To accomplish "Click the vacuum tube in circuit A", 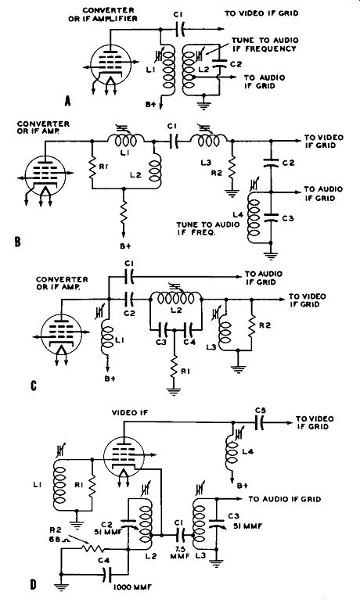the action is tap(111, 65).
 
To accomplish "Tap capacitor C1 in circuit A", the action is tap(179, 28).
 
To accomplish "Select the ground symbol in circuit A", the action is tap(203, 105).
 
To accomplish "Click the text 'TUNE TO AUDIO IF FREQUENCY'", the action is tap(265, 45).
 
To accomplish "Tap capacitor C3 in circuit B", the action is tap(271, 218).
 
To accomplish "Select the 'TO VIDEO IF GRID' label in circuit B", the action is tap(324, 141).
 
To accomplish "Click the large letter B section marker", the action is tap(17, 242).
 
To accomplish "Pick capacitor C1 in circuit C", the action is tap(129, 276).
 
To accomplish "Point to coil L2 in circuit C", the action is tap(176, 297).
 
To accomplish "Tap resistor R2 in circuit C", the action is tap(251, 325).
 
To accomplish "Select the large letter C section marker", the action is tap(34, 386).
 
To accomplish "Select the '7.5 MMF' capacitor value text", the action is tap(179, 551).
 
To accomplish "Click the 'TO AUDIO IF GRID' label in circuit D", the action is tap(284, 499).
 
